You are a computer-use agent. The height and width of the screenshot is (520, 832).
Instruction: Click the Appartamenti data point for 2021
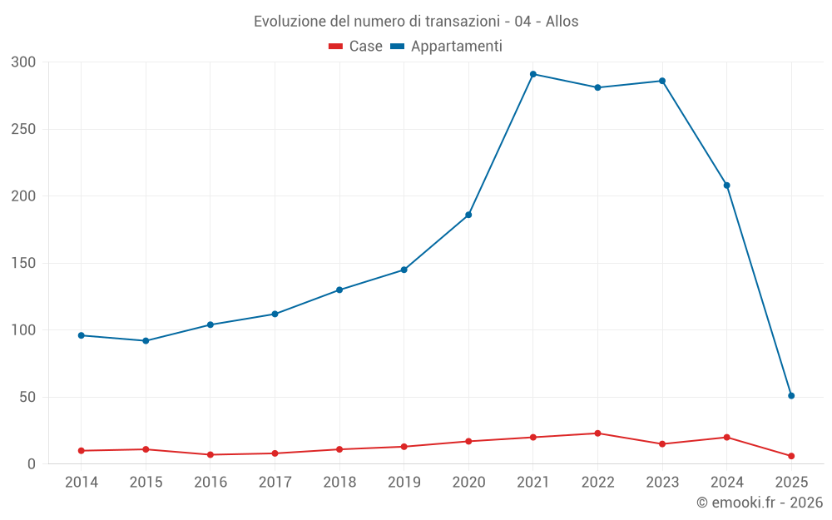pyautogui.click(x=533, y=74)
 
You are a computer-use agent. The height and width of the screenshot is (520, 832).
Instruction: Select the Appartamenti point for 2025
pyautogui.click(x=791, y=396)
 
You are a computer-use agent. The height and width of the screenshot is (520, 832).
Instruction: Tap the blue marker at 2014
pyautogui.click(x=82, y=335)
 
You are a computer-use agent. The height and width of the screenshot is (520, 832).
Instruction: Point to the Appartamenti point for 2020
pyautogui.click(x=468, y=215)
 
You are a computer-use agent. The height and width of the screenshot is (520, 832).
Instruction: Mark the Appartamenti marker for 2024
pyautogui.click(x=727, y=186)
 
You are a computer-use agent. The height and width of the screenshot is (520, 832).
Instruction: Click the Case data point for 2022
pyautogui.click(x=598, y=433)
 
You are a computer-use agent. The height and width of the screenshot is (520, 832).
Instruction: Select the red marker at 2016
pyautogui.click(x=210, y=455)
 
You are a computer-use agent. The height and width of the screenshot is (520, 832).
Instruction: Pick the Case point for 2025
pyautogui.click(x=791, y=456)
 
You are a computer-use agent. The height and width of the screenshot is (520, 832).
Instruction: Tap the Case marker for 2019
pyautogui.click(x=404, y=447)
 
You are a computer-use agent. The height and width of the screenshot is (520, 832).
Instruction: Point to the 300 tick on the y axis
pyautogui.click(x=24, y=62)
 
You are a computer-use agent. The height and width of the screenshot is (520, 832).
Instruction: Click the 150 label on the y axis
pyautogui.click(x=24, y=264)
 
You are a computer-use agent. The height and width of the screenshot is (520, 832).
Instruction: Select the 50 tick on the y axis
pyautogui.click(x=27, y=398)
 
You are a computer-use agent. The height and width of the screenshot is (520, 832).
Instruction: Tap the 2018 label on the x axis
pyautogui.click(x=339, y=483)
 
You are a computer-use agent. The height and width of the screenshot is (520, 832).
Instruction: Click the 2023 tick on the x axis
pyautogui.click(x=662, y=483)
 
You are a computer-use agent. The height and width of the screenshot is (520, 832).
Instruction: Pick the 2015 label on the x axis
pyautogui.click(x=146, y=483)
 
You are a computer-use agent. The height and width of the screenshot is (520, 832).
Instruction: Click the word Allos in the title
pyautogui.click(x=562, y=22)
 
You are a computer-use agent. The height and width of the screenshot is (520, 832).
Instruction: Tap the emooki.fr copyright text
pyautogui.click(x=760, y=503)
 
